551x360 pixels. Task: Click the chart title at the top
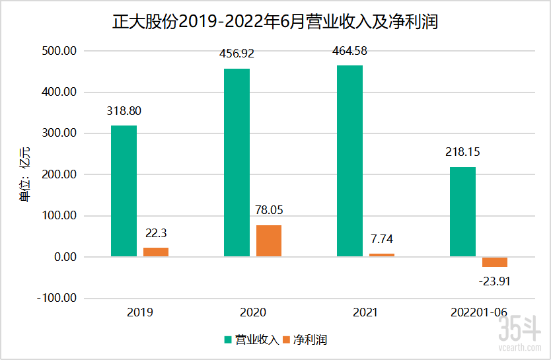click(275, 22)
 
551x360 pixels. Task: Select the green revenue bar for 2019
click(124, 191)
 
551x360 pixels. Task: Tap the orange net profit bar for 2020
click(269, 240)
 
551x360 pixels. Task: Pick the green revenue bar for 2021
click(349, 161)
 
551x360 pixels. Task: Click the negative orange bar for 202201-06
click(495, 262)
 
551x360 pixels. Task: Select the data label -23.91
click(494, 281)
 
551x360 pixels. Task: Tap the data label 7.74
click(381, 239)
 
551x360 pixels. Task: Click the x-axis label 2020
click(252, 312)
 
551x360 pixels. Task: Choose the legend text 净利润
click(310, 340)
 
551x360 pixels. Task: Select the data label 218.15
click(462, 152)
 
